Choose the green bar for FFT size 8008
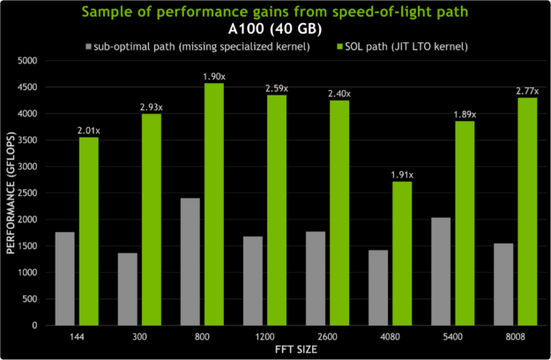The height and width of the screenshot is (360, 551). point(527,211)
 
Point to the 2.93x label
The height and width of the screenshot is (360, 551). point(152,107)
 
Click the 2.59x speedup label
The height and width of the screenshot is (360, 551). point(277,88)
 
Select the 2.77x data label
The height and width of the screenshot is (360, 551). point(527,90)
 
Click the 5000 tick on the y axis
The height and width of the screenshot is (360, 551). point(27,61)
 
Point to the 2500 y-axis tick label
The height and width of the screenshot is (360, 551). point(27,193)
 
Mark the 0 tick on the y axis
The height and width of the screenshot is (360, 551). point(35,326)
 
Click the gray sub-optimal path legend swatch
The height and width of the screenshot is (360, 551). point(89,44)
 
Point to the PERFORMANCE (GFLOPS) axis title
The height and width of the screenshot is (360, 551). point(10,193)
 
